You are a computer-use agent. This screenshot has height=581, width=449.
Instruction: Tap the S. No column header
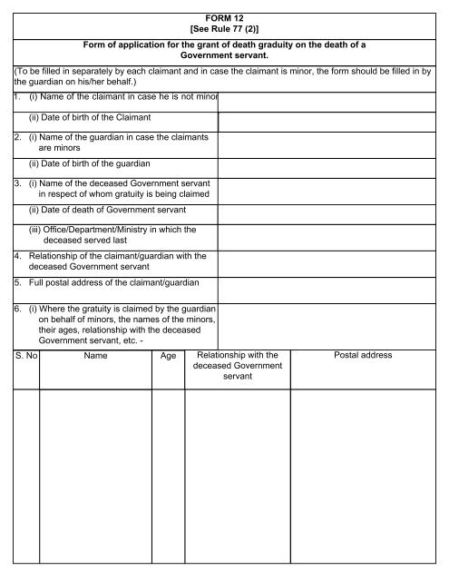[x=25, y=356]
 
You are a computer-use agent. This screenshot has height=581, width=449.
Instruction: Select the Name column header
[x=95, y=356]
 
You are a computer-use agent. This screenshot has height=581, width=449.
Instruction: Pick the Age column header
[x=168, y=357]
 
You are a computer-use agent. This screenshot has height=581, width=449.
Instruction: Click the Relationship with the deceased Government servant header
[x=237, y=365]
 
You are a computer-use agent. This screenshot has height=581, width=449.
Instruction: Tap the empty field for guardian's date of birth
[x=332, y=163]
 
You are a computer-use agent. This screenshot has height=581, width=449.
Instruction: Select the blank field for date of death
[x=332, y=210]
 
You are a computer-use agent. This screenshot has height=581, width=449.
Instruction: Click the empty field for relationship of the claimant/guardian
[x=332, y=261]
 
